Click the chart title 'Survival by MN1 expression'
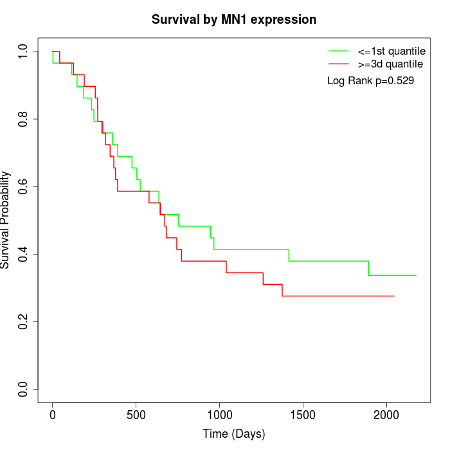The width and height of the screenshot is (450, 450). click(234, 20)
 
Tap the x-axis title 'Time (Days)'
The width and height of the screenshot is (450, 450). click(234, 434)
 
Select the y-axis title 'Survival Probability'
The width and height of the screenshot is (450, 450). click(6, 220)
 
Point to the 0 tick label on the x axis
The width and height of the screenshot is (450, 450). click(53, 415)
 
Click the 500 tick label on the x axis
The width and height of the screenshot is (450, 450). click(136, 415)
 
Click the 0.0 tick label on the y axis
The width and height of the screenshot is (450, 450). click(23, 389)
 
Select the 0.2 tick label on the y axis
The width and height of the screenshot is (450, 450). click(23, 321)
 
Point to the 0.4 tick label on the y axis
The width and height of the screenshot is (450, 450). click(23, 254)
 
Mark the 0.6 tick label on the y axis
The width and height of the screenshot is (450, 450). click(23, 186)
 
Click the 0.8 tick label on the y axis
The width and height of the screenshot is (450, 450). click(23, 119)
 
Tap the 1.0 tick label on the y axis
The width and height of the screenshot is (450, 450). click(23, 51)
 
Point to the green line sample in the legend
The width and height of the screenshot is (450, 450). click(339, 51)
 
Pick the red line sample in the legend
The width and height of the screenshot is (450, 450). click(339, 64)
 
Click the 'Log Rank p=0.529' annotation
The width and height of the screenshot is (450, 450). click(370, 81)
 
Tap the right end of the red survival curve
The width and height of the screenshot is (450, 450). click(394, 296)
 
